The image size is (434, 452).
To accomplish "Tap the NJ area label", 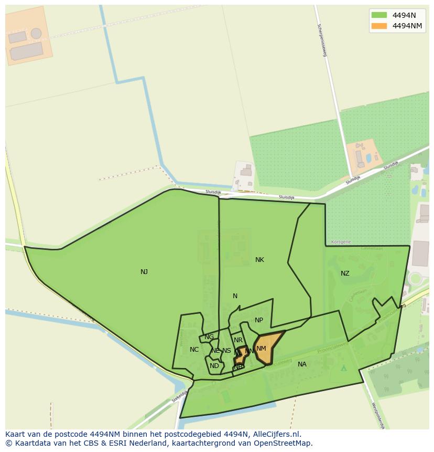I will [144, 272].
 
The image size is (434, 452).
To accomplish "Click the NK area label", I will [259, 260].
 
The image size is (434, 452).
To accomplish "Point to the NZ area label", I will [345, 274].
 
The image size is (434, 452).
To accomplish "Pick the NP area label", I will [259, 320].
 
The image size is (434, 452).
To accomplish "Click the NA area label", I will [302, 364].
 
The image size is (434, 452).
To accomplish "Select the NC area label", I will [194, 350].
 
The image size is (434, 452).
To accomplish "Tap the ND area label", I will [214, 366].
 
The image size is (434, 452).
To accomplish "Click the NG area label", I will [209, 337].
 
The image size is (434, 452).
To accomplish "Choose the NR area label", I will [238, 340].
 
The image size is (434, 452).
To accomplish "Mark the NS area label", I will [226, 351].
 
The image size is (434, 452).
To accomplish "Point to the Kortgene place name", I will [341, 242].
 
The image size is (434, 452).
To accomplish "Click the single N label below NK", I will [235, 296].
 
